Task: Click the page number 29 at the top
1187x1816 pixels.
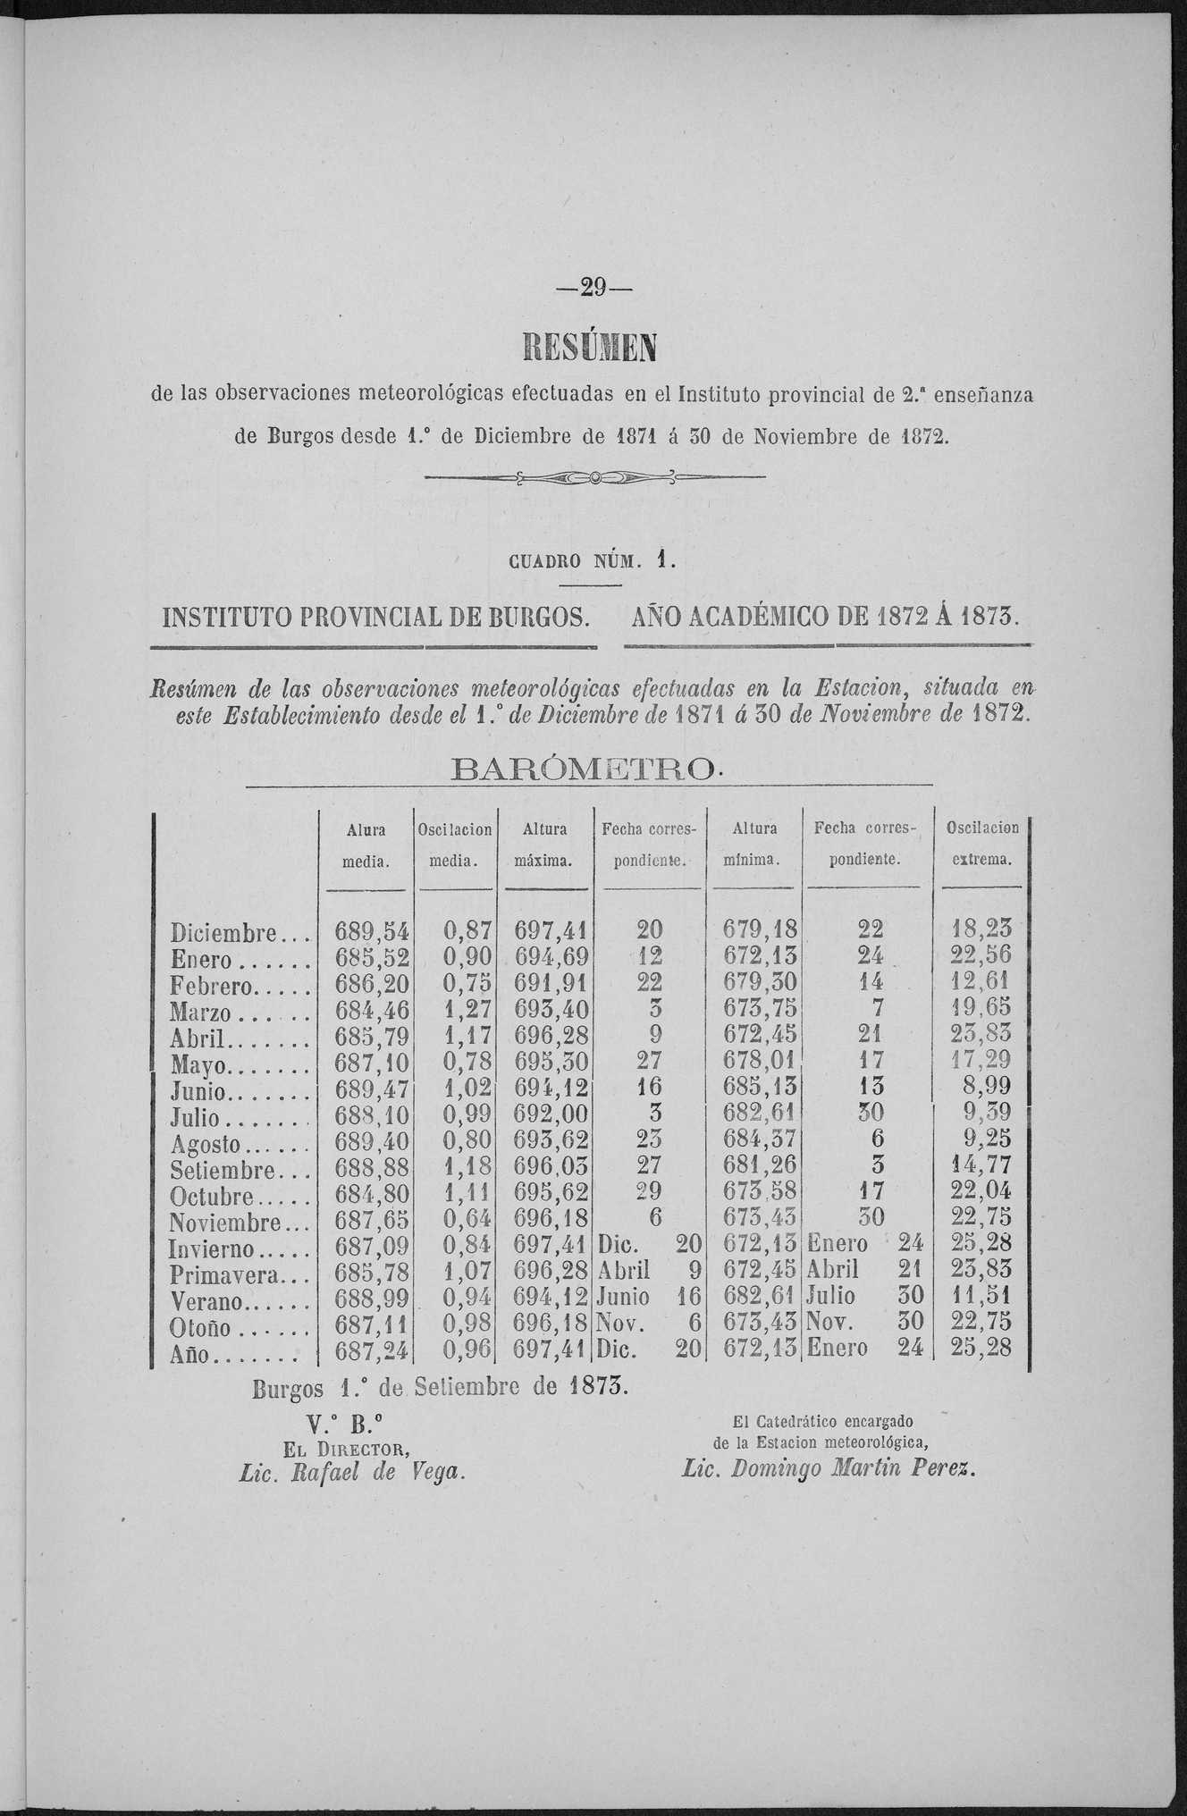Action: (x=593, y=288)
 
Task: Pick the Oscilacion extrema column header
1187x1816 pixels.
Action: (x=981, y=845)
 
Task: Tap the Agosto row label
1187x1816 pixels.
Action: (x=206, y=1141)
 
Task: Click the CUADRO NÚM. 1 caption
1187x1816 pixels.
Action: (x=591, y=561)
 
